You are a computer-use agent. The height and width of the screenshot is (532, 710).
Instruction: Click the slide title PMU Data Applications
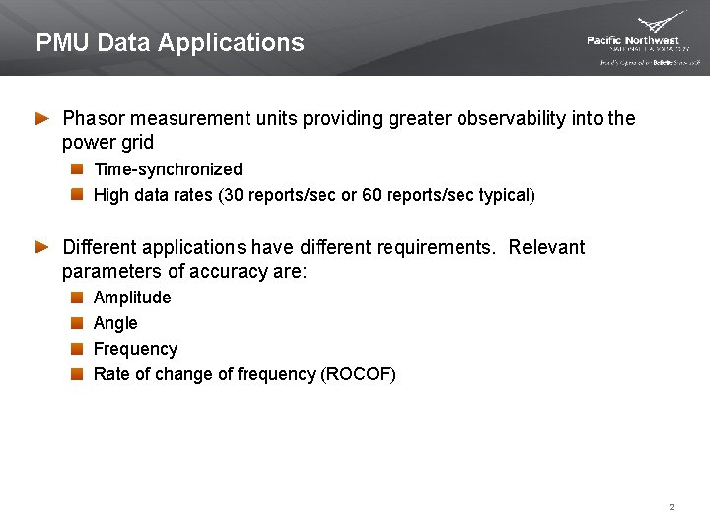pyautogui.click(x=170, y=43)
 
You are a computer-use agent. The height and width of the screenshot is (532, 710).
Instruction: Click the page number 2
pyautogui.click(x=672, y=507)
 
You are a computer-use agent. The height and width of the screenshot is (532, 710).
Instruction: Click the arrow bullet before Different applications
pyautogui.click(x=42, y=247)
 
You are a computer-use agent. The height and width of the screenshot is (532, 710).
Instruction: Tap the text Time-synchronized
pyautogui.click(x=167, y=169)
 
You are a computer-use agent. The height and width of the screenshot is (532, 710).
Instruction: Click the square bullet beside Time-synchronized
pyautogui.click(x=77, y=169)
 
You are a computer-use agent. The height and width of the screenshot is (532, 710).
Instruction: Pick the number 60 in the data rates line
pyautogui.click(x=373, y=195)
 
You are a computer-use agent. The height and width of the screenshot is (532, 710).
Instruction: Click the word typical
pyautogui.click(x=503, y=195)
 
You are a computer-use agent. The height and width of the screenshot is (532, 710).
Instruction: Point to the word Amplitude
pyautogui.click(x=132, y=298)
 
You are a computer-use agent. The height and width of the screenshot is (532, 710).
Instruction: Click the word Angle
pyautogui.click(x=115, y=323)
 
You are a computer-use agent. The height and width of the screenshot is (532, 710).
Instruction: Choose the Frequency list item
pyautogui.click(x=135, y=349)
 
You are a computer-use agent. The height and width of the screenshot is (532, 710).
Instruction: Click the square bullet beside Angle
pyautogui.click(x=77, y=323)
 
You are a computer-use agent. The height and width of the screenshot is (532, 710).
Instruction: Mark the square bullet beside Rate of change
pyautogui.click(x=77, y=374)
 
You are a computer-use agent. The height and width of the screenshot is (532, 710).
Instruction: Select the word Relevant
pyautogui.click(x=546, y=247)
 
